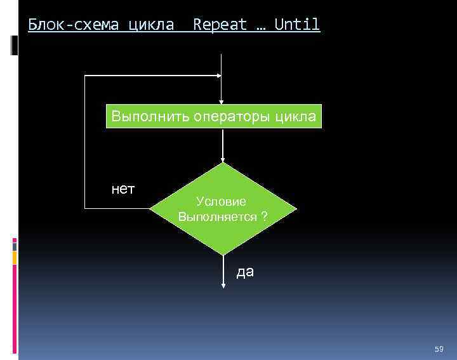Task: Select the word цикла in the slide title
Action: tap(151, 25)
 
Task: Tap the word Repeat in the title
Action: tap(220, 25)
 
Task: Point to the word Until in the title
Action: tap(297, 25)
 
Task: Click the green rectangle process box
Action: tap(214, 117)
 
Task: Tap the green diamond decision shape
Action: tap(223, 209)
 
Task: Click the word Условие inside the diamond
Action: tap(222, 201)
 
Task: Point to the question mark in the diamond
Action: tap(263, 217)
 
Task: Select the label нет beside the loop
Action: tap(123, 189)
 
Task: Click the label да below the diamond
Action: tap(245, 272)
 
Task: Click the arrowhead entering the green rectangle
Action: tap(221, 100)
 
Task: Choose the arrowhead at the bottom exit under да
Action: tap(223, 285)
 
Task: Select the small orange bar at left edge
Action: tap(15, 257)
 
